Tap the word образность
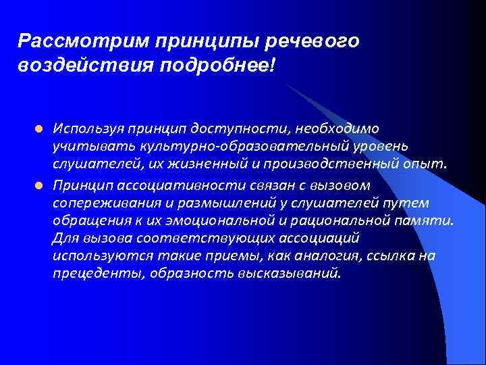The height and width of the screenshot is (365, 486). pos(187,274)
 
